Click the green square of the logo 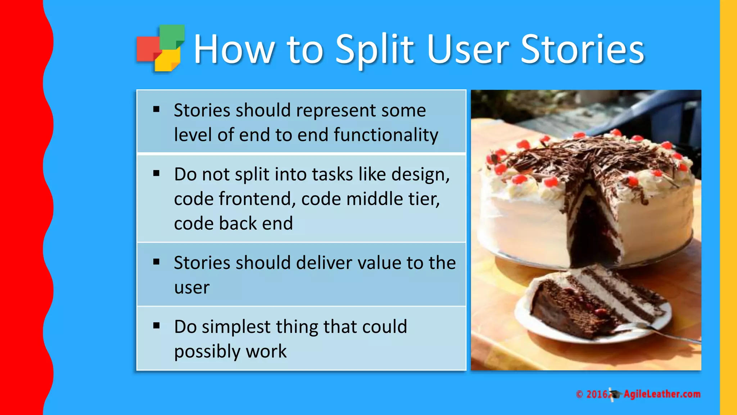(172, 36)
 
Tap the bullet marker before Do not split (156, 174)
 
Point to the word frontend (257, 199)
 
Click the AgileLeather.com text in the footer (662, 394)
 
